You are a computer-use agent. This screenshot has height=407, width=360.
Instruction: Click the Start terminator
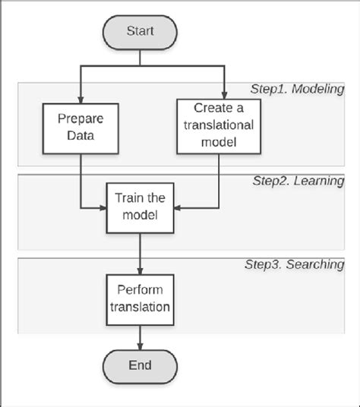pos(141,33)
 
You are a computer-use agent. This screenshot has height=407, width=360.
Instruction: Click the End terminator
pos(141,364)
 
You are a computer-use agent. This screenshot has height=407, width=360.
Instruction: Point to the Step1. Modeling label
pos(298,89)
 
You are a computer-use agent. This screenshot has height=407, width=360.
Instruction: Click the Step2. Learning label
pos(298,181)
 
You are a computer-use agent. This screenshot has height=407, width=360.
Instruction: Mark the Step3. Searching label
pos(295,265)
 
